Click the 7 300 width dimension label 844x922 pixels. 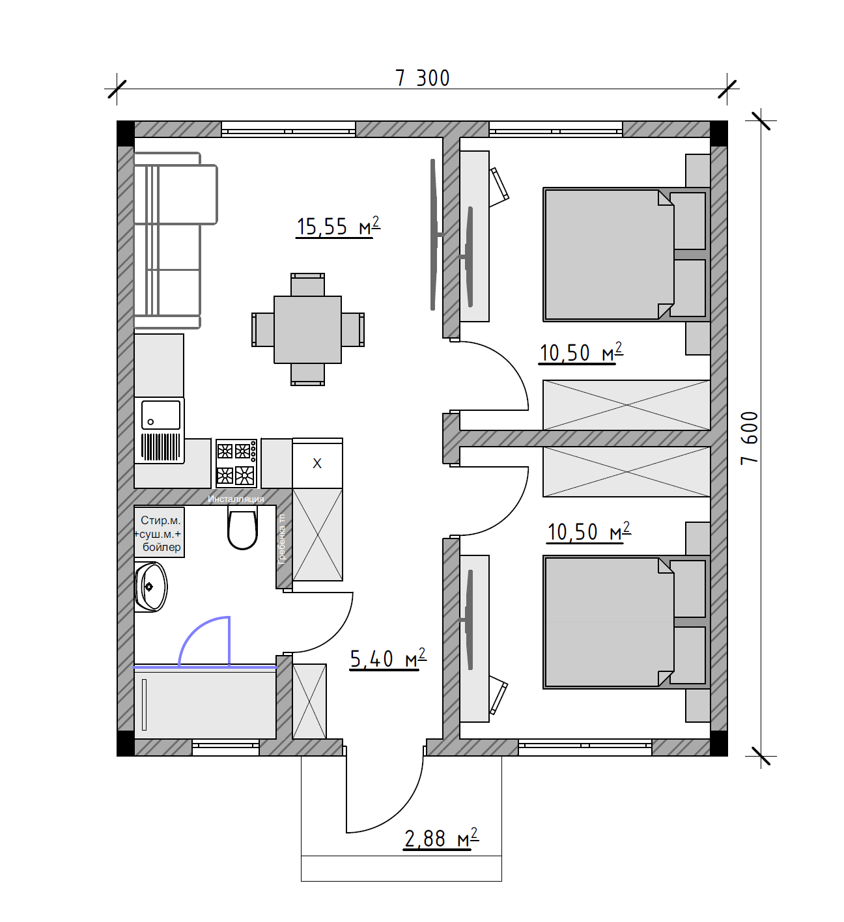[423, 78]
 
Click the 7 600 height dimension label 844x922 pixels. [750, 438]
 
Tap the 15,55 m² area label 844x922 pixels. [339, 226]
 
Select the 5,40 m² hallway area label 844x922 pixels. [388, 659]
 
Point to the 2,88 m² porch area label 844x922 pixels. [442, 838]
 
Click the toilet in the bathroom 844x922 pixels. [242, 527]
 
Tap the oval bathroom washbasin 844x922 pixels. [151, 587]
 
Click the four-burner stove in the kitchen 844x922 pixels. [236, 463]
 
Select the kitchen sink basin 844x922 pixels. [160, 415]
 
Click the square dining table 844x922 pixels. [307, 329]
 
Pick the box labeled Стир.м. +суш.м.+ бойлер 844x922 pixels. [160, 533]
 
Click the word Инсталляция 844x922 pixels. [236, 499]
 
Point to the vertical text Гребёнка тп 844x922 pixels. [282, 539]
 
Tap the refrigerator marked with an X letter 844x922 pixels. [317, 464]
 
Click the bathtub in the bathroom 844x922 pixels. [205, 704]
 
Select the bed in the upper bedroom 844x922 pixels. [626, 255]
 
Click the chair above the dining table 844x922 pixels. [307, 285]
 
